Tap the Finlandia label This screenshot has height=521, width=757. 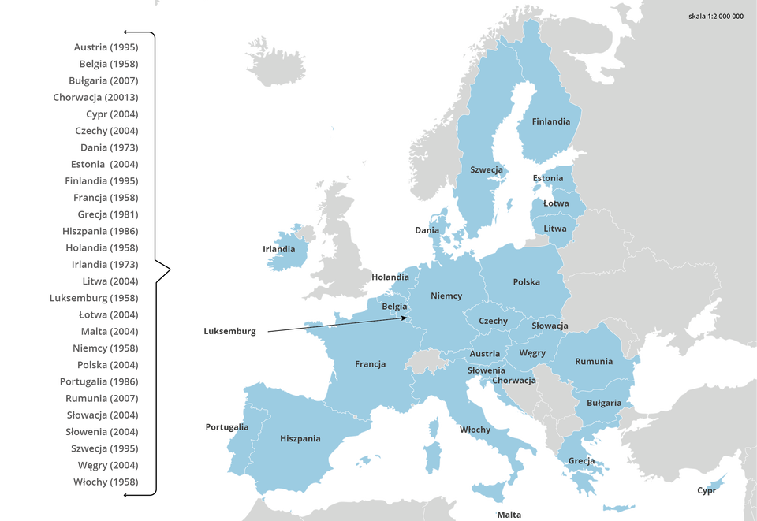tap(550, 122)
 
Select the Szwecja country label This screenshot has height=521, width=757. tap(487, 169)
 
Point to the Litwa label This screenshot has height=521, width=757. tap(554, 229)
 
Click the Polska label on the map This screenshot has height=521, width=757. tap(526, 282)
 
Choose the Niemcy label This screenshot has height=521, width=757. tap(446, 296)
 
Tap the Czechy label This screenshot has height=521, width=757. tap(493, 322)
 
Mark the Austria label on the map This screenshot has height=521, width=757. tap(485, 354)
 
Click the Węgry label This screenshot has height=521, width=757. tap(532, 353)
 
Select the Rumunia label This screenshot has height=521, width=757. tap(593, 362)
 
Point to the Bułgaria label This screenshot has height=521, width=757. tap(604, 403)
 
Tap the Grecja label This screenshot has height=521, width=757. tap(581, 461)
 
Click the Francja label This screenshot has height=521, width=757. tap(370, 364)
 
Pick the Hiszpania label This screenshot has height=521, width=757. tap(300, 438)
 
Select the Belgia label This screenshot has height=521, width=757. tap(394, 307)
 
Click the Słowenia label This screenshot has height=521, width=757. tap(486, 370)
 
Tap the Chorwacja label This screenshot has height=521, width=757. tap(514, 381)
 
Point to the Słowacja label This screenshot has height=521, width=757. tap(549, 326)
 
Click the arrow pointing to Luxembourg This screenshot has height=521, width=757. tap(355, 322)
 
